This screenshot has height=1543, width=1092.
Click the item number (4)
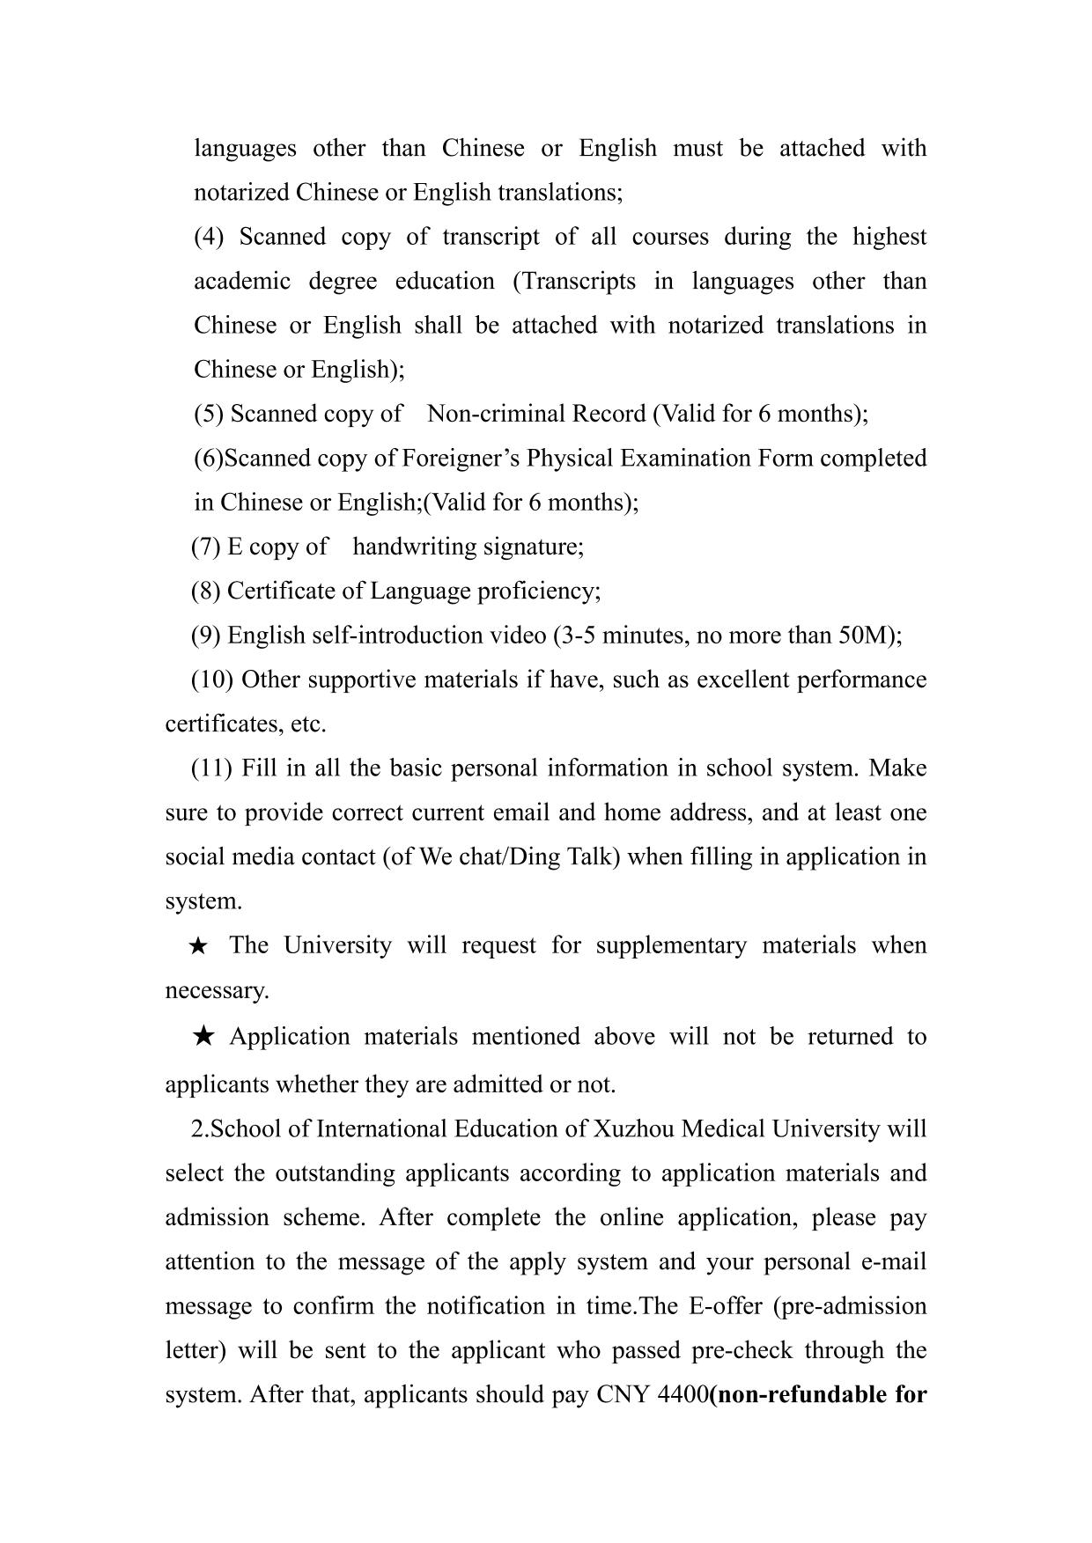210,238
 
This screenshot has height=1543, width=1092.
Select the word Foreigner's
452,459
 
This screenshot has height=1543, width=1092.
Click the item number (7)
205,547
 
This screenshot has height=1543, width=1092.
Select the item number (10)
211,680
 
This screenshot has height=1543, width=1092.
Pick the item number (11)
211,768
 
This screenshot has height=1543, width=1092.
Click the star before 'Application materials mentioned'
203,1037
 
